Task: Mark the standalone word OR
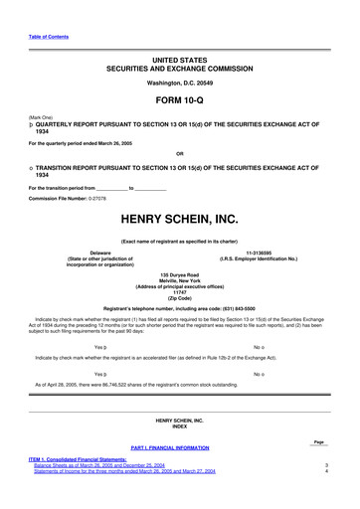tap(179, 153)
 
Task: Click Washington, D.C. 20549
tap(179, 83)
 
